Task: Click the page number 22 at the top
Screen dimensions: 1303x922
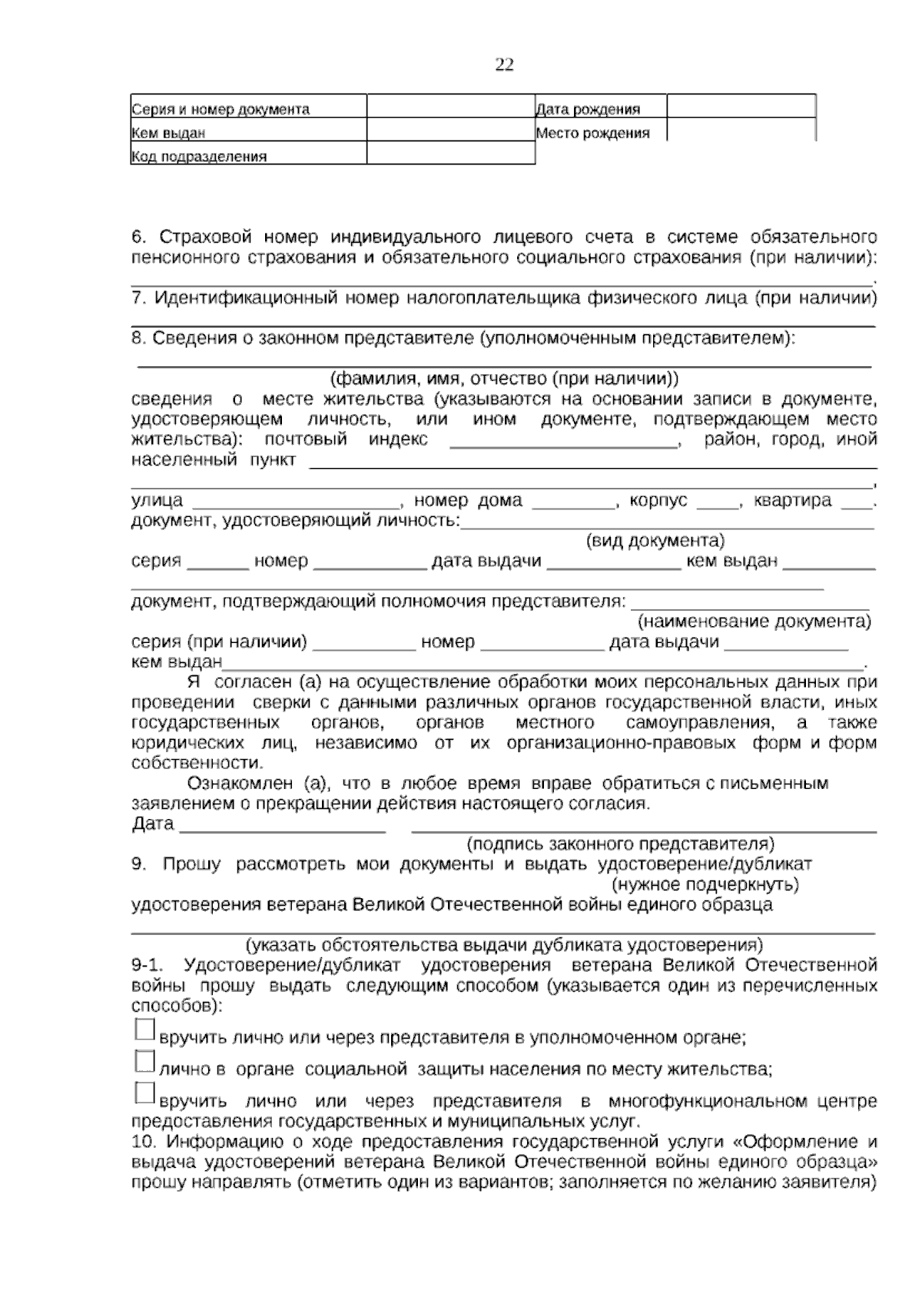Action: [x=504, y=65]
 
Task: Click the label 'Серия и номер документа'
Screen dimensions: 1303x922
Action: [x=221, y=110]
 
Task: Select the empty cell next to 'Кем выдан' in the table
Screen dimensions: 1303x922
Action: [x=450, y=131]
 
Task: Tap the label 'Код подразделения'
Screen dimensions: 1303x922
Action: [x=199, y=157]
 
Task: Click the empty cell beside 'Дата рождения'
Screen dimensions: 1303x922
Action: [x=741, y=107]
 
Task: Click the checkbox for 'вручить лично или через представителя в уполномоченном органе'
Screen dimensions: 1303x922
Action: [x=144, y=1029]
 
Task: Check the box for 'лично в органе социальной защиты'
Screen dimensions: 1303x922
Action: [x=144, y=1061]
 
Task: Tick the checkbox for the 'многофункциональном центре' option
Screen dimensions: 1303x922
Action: [x=144, y=1093]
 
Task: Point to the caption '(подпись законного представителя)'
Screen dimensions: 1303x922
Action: [x=621, y=844]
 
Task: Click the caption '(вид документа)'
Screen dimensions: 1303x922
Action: [x=655, y=540]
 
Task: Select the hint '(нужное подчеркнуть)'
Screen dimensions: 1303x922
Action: [x=705, y=884]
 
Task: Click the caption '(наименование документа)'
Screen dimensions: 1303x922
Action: [x=755, y=621]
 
